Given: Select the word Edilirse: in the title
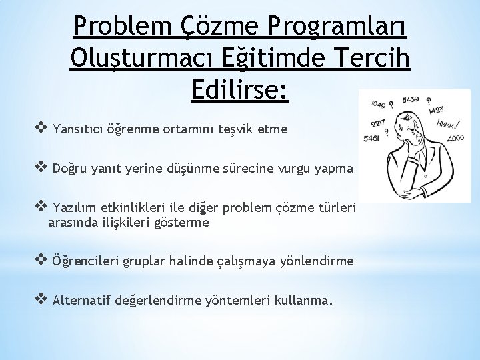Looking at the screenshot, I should point(240,90).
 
